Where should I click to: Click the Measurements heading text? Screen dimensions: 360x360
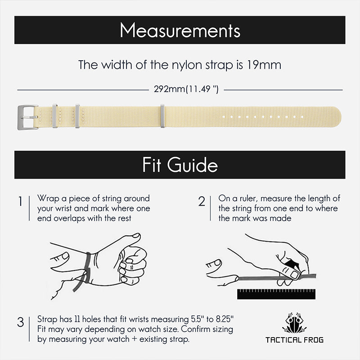tap(180, 31)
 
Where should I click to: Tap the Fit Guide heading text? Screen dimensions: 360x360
tap(180, 165)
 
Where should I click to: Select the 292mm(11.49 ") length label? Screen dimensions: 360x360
tap(186, 89)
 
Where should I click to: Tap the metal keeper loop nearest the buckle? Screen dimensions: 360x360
tap(54, 116)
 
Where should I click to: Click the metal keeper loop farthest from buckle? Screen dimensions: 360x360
tap(162, 116)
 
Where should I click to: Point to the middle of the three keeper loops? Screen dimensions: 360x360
tap(77, 116)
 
